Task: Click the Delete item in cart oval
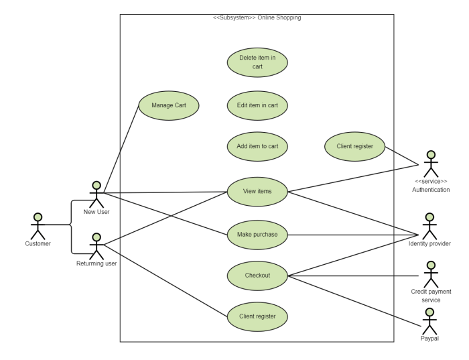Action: [x=257, y=62]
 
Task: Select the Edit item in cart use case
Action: [x=257, y=105]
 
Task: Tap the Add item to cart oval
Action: [x=257, y=146]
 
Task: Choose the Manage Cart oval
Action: [x=168, y=105]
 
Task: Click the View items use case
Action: [x=257, y=192]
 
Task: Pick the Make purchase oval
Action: [x=257, y=234]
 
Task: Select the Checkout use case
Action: [x=257, y=276]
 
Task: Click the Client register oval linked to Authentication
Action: [x=354, y=146]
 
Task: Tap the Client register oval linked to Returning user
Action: [x=257, y=316]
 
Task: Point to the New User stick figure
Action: [x=96, y=194]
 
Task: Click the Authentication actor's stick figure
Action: [x=431, y=164]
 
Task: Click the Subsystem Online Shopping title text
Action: [x=257, y=17]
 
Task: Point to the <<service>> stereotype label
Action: [x=431, y=181]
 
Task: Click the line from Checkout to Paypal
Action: [x=355, y=301]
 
